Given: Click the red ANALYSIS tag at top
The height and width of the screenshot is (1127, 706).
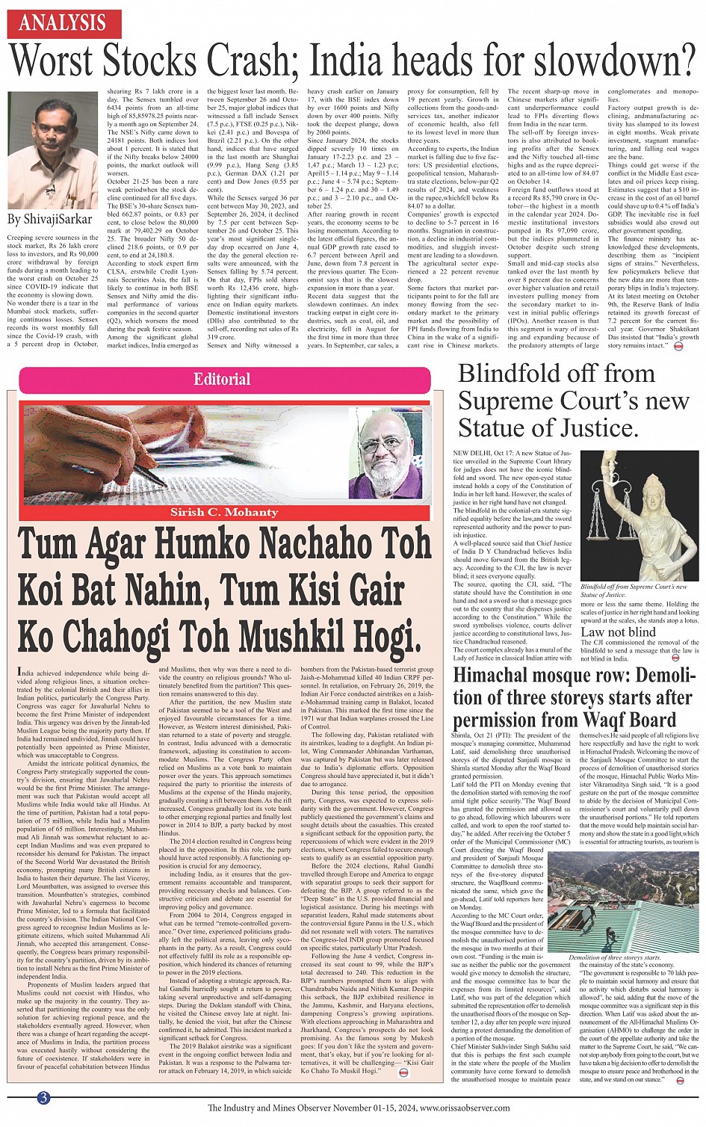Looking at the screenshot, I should (64, 23).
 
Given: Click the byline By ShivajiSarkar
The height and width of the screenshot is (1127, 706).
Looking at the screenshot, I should (49, 220).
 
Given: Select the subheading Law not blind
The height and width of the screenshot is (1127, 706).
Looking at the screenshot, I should (618, 632).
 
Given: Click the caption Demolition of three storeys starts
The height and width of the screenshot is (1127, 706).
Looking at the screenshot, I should (614, 957).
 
